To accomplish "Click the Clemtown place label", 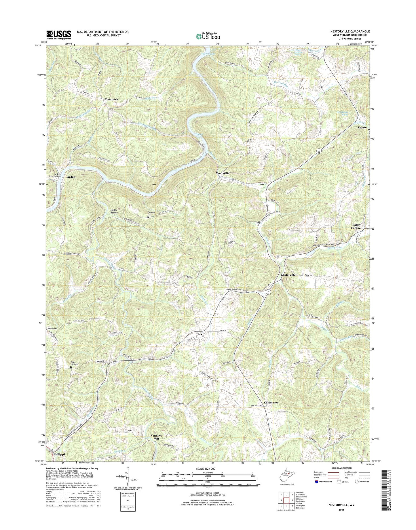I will click(x=111, y=99).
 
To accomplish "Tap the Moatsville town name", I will click(x=223, y=174).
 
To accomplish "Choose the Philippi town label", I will click(x=59, y=462).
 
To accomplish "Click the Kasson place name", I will click(x=362, y=127).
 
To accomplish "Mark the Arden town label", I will click(x=71, y=177).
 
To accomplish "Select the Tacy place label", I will click(x=199, y=334).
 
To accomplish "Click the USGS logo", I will click(x=58, y=35).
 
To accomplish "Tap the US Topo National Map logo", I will click(x=208, y=36).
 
